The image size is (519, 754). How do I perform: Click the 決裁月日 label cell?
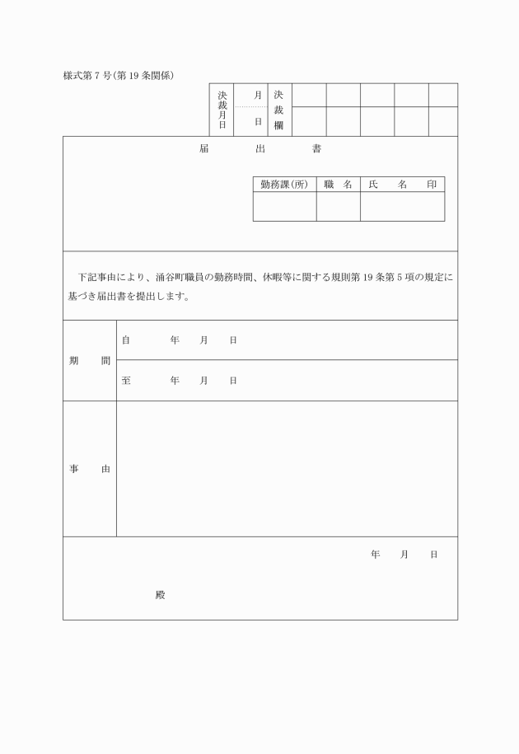[x=222, y=110]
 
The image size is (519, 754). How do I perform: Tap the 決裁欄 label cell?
[x=278, y=110]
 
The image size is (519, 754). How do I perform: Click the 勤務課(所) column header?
[x=284, y=185]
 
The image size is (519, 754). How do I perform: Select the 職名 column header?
[x=338, y=185]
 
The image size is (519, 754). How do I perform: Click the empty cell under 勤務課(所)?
[x=284, y=206]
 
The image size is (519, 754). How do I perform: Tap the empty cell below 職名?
[x=338, y=206]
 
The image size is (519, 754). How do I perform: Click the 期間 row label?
[x=89, y=361]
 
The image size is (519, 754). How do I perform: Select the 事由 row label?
[x=89, y=469]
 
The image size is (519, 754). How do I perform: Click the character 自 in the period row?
[x=126, y=340]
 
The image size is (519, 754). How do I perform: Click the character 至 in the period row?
[x=126, y=381]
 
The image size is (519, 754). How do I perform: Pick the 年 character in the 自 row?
[x=175, y=340]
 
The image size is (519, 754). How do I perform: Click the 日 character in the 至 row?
[x=233, y=381]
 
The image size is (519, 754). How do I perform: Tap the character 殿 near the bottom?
[x=160, y=595]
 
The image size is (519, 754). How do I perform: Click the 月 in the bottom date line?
[x=404, y=555]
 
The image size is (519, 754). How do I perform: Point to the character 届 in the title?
[x=203, y=150]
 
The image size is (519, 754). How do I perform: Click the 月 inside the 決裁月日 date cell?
[x=258, y=96]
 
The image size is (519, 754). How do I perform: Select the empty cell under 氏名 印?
[x=402, y=206]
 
